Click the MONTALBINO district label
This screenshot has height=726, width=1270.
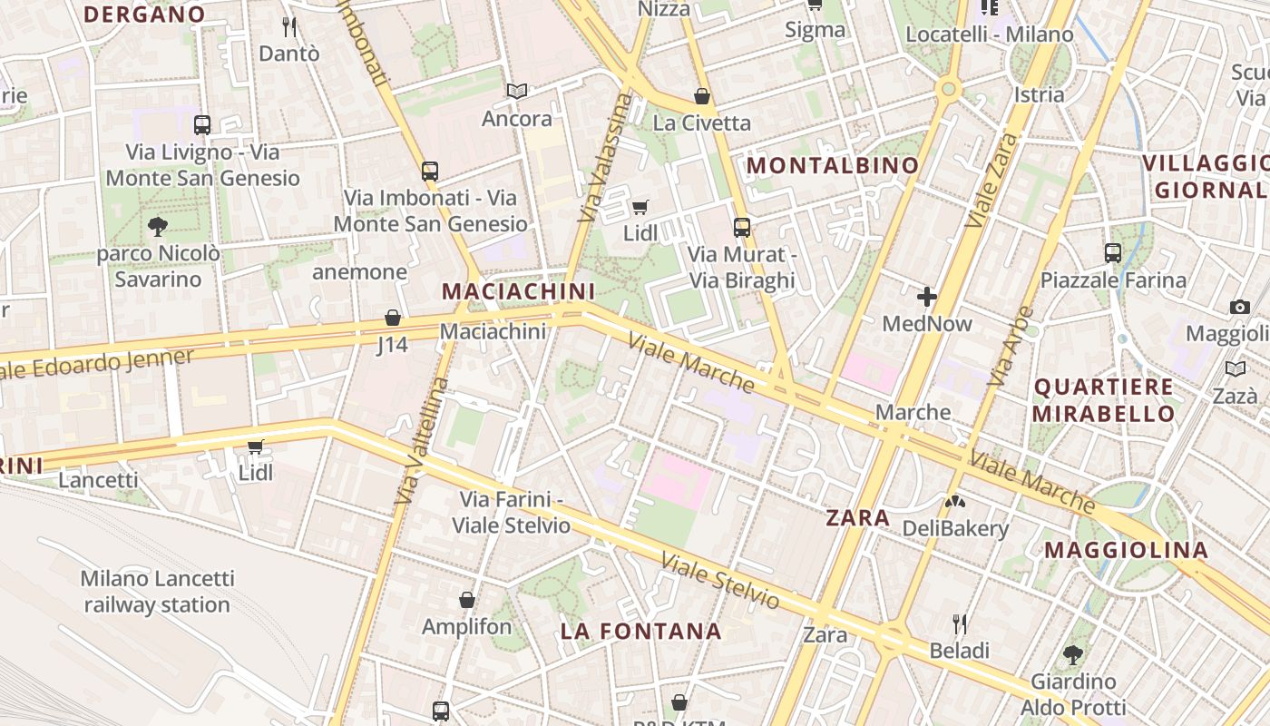tap(832, 165)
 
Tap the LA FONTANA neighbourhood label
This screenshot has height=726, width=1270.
tap(640, 631)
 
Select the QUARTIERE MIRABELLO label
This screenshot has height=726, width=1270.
tap(1104, 400)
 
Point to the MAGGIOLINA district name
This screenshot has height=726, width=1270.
tap(1126, 550)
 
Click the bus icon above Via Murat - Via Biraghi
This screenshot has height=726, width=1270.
tap(742, 228)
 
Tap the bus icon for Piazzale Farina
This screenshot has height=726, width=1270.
tap(1113, 253)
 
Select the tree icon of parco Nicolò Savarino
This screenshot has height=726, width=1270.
tap(158, 226)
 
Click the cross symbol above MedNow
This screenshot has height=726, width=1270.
tap(926, 297)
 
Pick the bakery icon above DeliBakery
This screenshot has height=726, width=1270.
tap(954, 501)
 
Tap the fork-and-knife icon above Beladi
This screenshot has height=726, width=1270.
tap(959, 623)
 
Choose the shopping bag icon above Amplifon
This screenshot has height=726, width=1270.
tap(467, 600)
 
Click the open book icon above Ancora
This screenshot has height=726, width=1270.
tap(517, 92)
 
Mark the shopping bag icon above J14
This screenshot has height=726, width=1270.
tap(393, 318)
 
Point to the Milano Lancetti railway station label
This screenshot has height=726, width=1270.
tap(157, 591)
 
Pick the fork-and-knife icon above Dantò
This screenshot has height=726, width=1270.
tap(289, 26)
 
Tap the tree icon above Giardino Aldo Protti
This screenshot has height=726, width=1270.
tap(1072, 654)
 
